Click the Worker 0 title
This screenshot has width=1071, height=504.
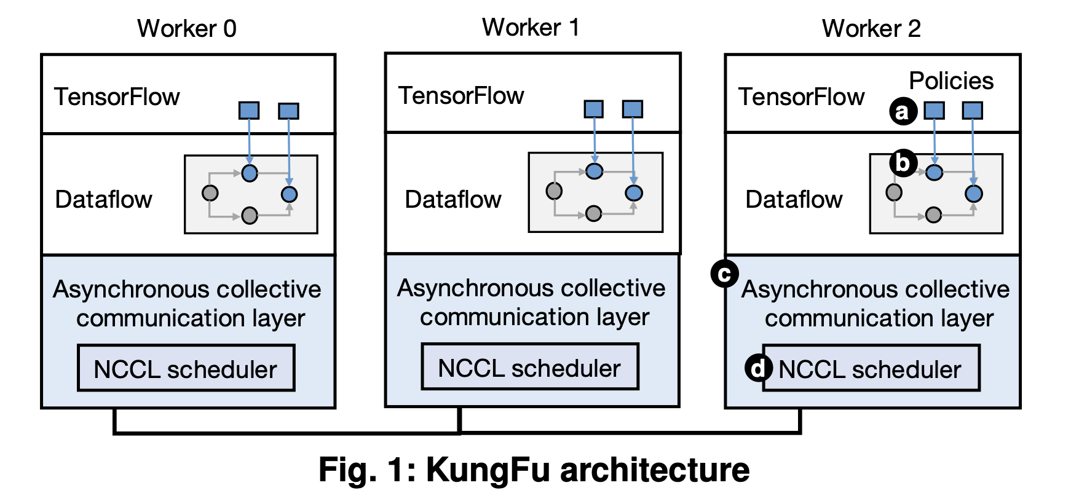[x=186, y=28]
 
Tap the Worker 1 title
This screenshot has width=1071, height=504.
[x=531, y=27]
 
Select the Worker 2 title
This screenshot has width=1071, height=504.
[x=871, y=28]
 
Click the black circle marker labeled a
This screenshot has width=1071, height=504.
[x=903, y=112]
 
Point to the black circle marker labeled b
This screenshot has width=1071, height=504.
[x=903, y=163]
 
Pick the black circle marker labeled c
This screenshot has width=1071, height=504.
[x=724, y=274]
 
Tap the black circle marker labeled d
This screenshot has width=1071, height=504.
[x=758, y=368]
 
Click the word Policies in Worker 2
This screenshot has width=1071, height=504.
[x=951, y=81]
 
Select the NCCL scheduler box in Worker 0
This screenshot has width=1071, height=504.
[x=186, y=368]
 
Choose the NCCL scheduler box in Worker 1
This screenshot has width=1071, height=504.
[x=529, y=367]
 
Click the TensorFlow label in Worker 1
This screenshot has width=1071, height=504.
[x=461, y=96]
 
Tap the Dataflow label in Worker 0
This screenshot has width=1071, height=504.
[x=103, y=200]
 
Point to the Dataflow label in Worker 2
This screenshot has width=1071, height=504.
[x=794, y=200]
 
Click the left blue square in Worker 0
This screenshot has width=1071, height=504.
[x=249, y=111]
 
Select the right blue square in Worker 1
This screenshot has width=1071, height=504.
[x=633, y=109]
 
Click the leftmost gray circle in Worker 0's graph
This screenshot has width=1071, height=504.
[x=210, y=193]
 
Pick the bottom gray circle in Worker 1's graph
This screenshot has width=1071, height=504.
[x=593, y=213]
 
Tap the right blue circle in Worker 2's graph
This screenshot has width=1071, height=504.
[x=973, y=194]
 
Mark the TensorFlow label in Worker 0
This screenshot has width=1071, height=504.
[x=117, y=97]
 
